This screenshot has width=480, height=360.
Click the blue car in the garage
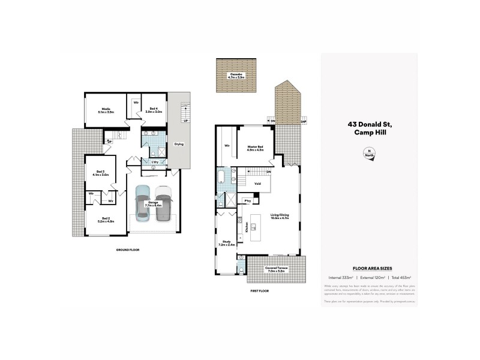click(x=143, y=204)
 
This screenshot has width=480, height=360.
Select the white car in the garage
click(x=163, y=204)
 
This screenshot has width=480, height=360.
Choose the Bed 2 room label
click(x=106, y=220)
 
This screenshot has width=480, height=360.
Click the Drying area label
click(x=179, y=144)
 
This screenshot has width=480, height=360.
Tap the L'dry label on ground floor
click(x=154, y=162)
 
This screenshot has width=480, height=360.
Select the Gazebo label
click(x=235, y=75)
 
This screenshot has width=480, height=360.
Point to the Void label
click(x=257, y=184)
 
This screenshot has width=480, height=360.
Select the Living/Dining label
click(x=280, y=217)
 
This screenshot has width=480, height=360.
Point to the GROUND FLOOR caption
click(x=127, y=249)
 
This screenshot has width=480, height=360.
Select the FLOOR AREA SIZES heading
click(x=368, y=270)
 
